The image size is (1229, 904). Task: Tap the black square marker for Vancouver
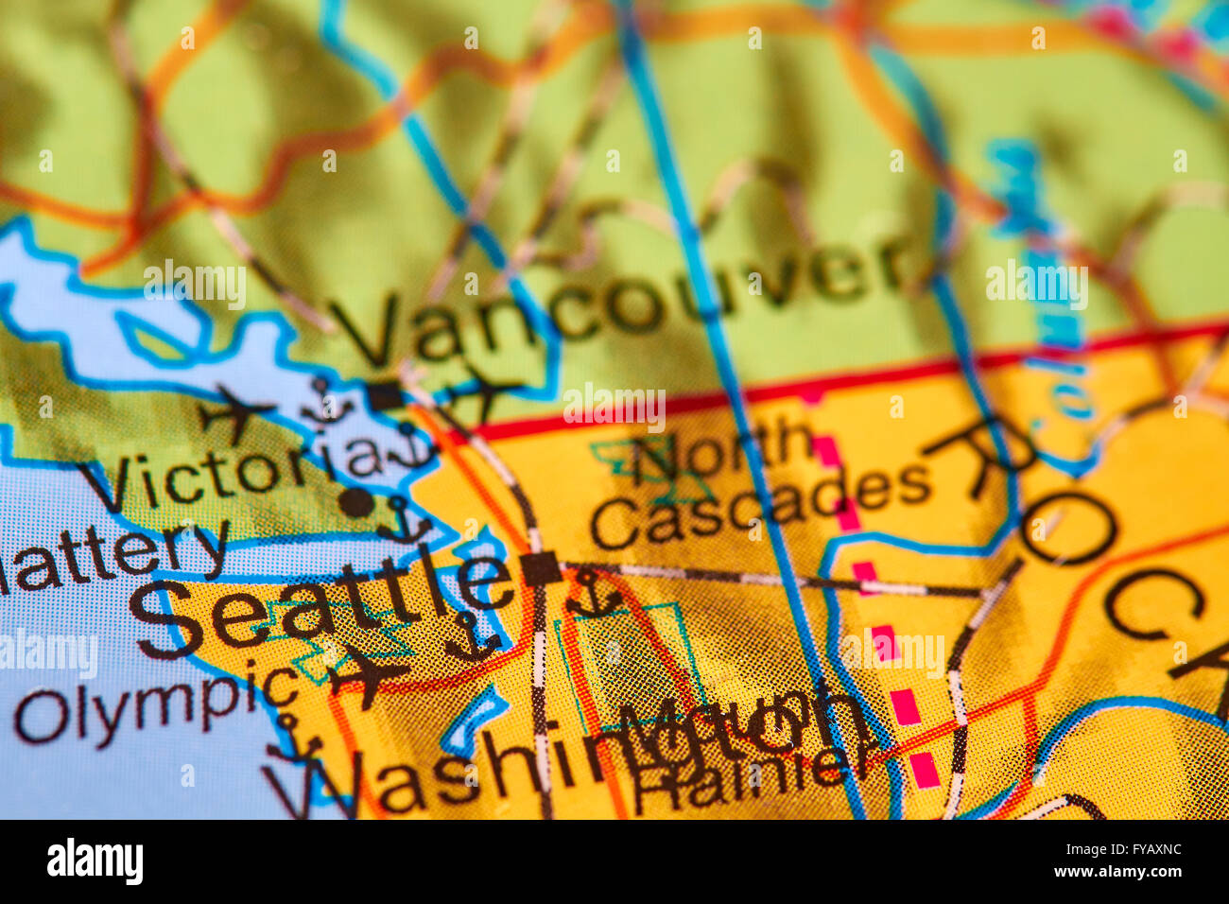coord(386,395)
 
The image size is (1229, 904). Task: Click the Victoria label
coord(232,473)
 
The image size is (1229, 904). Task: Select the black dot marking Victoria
coord(356,502)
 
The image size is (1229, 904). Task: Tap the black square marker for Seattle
coord(541,568)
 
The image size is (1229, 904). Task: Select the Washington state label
coord(529,766)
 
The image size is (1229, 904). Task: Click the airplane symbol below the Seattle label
coord(366,673)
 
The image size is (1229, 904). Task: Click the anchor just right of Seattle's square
coord(593,595)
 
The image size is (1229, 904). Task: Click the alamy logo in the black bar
coord(95,861)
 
